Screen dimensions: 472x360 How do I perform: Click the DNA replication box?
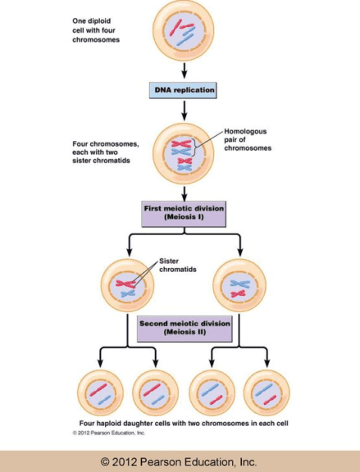pos(182,89)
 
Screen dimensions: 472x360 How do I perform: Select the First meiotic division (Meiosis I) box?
pos(181,214)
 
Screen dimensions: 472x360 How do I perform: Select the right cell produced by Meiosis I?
pos(240,285)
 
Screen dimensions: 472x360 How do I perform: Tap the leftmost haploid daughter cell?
pos(99,393)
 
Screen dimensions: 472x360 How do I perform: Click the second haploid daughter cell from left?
pos(155,393)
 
